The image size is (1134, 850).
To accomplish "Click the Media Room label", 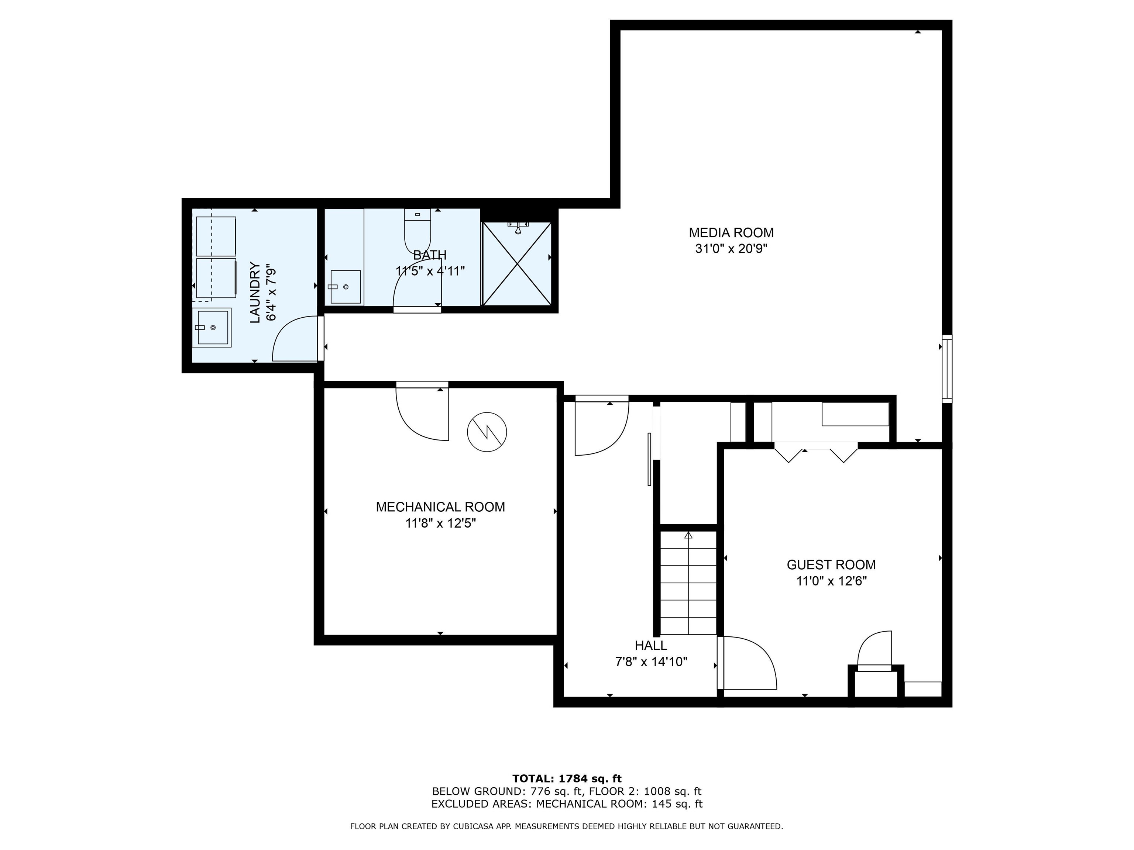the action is (731, 233).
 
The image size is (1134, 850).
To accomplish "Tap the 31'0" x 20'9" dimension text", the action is (731, 249).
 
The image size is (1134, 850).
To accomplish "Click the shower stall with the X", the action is (517, 264).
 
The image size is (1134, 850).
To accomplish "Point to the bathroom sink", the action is (345, 287).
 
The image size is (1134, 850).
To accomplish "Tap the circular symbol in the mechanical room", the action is (487, 432).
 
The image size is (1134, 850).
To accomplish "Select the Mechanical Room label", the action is (440, 507).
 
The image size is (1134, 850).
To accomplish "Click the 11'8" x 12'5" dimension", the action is (440, 524).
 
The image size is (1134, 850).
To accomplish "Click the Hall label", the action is (651, 646).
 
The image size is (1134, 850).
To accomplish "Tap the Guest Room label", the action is (831, 564).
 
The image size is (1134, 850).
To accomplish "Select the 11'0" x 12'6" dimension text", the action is (831, 581).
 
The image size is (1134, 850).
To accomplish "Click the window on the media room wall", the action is (947, 369).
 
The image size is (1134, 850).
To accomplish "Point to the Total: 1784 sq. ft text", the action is (567, 779).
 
